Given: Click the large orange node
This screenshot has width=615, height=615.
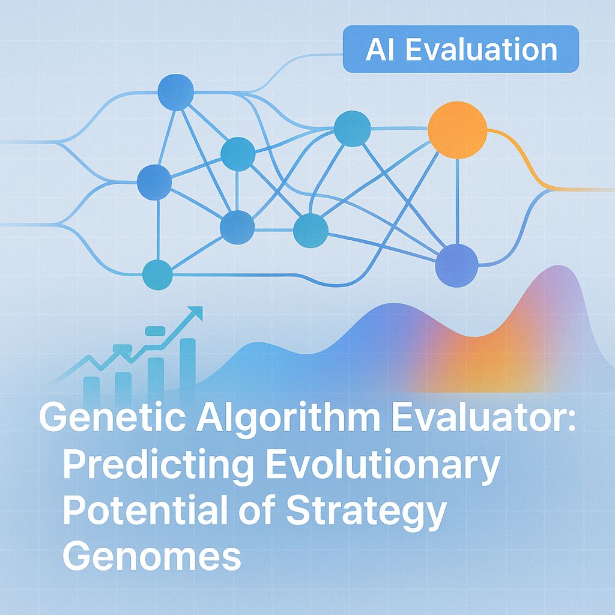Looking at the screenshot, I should point(457,130).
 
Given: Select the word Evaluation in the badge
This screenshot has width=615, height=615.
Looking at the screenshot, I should point(480,50).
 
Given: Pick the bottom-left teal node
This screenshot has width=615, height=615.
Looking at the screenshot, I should point(157,274).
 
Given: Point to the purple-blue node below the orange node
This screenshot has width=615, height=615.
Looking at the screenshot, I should point(456,265).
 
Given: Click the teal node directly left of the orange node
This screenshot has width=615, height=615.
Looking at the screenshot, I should point(352,129).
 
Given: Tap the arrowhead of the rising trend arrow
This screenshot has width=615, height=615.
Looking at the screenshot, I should point(195,313).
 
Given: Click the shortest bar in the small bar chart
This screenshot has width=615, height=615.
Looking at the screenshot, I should point(92,387).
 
